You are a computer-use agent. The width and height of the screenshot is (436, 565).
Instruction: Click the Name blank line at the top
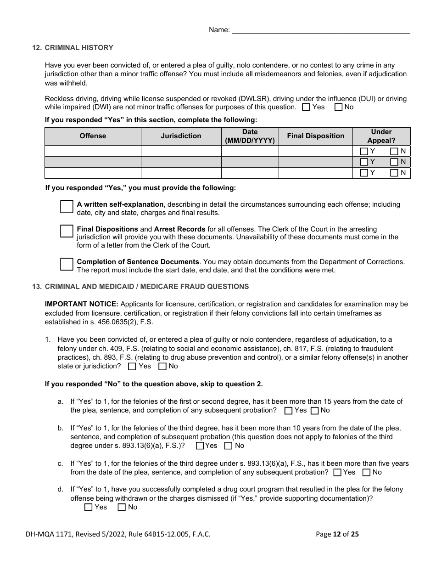[x=321, y=30]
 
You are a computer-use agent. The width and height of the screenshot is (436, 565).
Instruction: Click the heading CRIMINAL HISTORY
[x=79, y=48]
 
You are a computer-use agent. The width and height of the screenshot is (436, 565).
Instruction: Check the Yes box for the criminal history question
[x=306, y=107]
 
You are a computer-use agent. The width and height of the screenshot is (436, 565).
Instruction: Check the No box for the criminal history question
[x=338, y=107]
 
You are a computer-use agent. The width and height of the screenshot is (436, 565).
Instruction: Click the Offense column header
[x=93, y=136]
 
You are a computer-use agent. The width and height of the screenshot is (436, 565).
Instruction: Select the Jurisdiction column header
[x=181, y=136]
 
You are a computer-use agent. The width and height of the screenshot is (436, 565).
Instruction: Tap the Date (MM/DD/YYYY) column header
[x=250, y=136]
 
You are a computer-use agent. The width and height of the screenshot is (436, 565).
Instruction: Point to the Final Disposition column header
[x=315, y=136]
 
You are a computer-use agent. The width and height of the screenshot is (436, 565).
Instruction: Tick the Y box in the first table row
[x=364, y=151]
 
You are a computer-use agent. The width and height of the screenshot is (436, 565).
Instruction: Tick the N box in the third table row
[x=394, y=173]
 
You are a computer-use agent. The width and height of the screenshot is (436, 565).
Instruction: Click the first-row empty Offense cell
[x=93, y=151]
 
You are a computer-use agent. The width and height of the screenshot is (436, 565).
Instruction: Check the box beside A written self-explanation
[x=67, y=207]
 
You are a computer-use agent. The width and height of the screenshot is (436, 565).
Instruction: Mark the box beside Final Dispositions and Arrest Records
[x=67, y=231]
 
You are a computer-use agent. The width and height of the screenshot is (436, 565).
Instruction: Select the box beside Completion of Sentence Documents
[x=67, y=264]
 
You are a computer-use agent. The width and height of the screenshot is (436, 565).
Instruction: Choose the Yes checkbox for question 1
[x=132, y=367]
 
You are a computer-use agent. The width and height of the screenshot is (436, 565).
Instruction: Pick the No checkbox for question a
[x=314, y=411]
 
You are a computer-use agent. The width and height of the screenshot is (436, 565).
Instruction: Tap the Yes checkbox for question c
[x=337, y=473]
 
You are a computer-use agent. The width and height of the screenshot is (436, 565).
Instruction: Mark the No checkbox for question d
[x=122, y=508]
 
